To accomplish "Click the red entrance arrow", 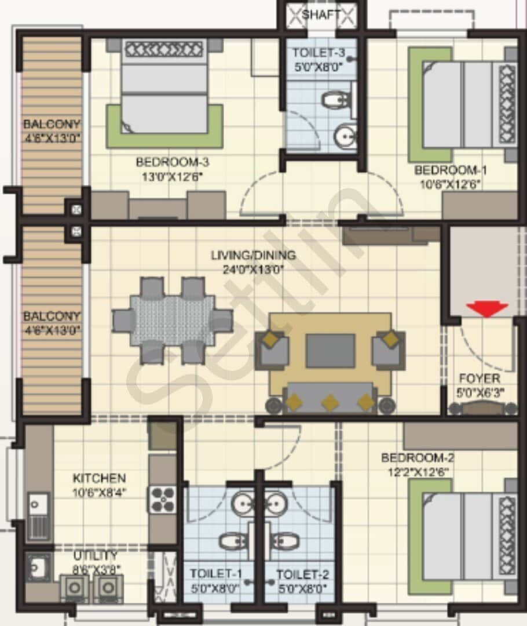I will [x=487, y=310].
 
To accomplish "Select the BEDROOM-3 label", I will [x=169, y=162].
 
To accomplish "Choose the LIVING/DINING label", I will [x=253, y=255].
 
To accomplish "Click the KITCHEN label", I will [x=99, y=479].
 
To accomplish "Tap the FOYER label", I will [x=480, y=377].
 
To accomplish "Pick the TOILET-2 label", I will [x=302, y=574].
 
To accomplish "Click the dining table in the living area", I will [x=173, y=320].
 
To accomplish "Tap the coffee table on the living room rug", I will [x=330, y=350].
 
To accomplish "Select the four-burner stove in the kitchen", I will [x=163, y=499].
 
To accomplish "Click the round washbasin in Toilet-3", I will [x=346, y=137].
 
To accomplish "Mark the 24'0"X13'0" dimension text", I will [x=253, y=268].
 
